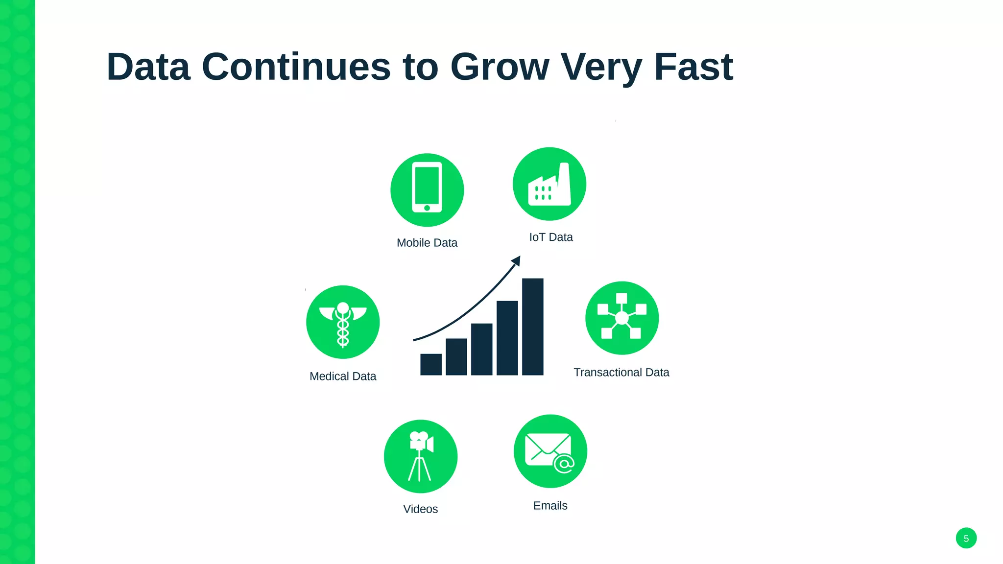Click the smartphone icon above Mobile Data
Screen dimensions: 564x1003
click(427, 189)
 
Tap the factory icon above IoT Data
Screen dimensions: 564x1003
click(549, 184)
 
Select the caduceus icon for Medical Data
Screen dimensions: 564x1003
click(343, 322)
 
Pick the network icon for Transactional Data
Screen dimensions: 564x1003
click(622, 318)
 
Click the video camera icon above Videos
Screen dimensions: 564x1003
click(421, 456)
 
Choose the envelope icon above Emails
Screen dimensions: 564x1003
click(550, 451)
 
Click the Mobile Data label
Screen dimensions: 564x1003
click(427, 243)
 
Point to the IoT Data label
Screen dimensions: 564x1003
click(551, 237)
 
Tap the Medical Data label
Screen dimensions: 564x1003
click(343, 376)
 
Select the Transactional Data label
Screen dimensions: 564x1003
click(621, 373)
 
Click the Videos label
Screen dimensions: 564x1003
click(421, 509)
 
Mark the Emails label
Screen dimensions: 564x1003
click(550, 506)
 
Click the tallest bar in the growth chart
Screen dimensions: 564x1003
click(533, 327)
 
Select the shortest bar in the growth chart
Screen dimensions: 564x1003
click(431, 364)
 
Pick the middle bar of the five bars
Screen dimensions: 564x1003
click(482, 349)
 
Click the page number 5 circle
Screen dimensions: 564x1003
click(966, 539)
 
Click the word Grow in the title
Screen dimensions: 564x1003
click(500, 67)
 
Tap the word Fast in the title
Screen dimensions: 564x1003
click(693, 67)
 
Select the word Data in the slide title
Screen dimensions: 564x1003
click(148, 67)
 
